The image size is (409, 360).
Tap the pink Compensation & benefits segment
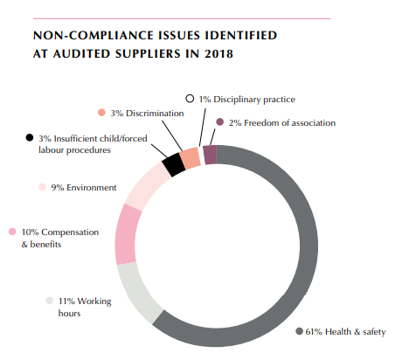pyautogui.click(x=126, y=234)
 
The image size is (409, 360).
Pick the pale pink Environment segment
pyautogui.click(x=146, y=185)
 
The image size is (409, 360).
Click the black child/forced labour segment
pyautogui.click(x=174, y=164)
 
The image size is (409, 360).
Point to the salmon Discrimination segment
pyautogui.click(x=191, y=158)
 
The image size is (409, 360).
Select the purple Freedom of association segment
pyautogui.click(x=210, y=155)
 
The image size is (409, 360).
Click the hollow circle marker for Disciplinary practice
pyautogui.click(x=190, y=99)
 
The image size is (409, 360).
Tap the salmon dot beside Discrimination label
pyautogui.click(x=101, y=113)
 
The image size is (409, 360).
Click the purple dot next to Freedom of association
pyautogui.click(x=220, y=122)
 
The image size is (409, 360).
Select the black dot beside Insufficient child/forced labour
pyautogui.click(x=30, y=137)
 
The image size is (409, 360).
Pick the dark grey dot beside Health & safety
pyautogui.click(x=299, y=331)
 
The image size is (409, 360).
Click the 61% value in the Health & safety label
pyautogui.click(x=314, y=332)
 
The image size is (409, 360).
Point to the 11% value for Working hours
pyautogui.click(x=66, y=301)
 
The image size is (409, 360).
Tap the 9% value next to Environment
pyautogui.click(x=58, y=187)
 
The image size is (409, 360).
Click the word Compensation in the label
pyautogui.click(x=70, y=232)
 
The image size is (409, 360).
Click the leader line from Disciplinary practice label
pyautogui.click(x=203, y=128)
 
